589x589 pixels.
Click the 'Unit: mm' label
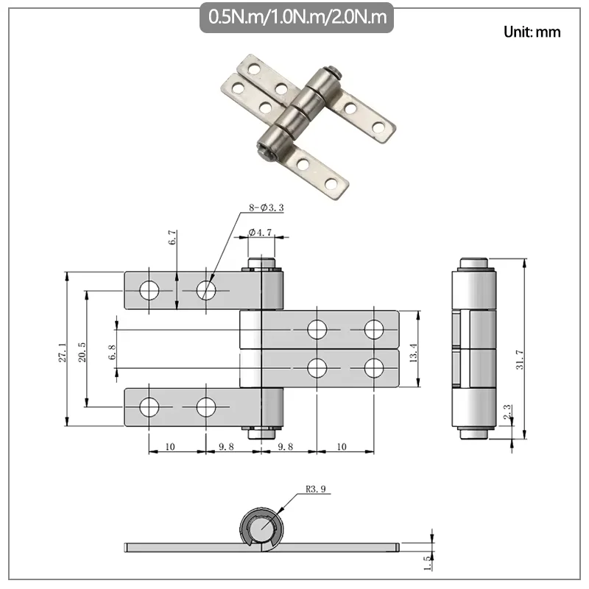[532, 32]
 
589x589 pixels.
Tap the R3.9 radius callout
[314, 487]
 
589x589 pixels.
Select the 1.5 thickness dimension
[426, 563]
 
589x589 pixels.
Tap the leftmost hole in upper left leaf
[149, 291]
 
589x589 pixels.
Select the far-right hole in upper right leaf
[374, 329]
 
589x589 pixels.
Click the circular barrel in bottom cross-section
[261, 527]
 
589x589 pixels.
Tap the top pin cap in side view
[472, 264]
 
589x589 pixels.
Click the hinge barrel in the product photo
[298, 110]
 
